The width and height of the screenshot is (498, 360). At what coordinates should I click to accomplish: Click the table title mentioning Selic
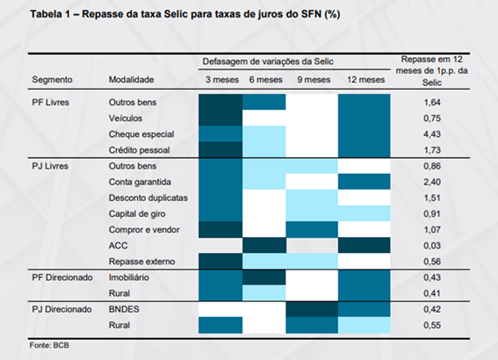click(x=184, y=14)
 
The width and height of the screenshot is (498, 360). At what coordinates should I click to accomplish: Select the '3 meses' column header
click(x=221, y=79)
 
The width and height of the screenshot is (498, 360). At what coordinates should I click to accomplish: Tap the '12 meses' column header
click(x=366, y=79)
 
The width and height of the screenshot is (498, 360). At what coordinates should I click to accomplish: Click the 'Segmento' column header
click(x=52, y=79)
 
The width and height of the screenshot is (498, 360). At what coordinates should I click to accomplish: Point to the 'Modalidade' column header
click(x=131, y=79)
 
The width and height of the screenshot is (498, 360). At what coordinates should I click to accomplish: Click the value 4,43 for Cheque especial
click(x=432, y=134)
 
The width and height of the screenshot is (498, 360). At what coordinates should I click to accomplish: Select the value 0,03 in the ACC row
click(x=432, y=245)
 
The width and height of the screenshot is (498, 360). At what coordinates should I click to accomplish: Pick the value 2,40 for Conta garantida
click(x=432, y=182)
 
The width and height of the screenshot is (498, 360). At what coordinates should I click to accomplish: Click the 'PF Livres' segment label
click(x=50, y=102)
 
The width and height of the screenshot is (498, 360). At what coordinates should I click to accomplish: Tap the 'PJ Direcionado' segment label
click(x=61, y=309)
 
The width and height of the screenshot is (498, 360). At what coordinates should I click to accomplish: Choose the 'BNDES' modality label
click(x=124, y=309)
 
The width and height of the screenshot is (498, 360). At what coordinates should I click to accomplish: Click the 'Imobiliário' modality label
click(x=128, y=277)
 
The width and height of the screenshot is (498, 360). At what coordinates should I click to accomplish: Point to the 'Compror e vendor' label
click(x=144, y=229)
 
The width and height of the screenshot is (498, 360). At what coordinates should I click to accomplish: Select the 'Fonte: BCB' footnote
click(x=49, y=345)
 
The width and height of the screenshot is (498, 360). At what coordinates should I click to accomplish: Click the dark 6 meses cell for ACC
click(x=264, y=245)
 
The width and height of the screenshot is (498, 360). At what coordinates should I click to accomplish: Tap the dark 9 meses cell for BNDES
click(x=312, y=309)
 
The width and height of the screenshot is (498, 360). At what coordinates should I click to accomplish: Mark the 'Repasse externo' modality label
click(x=141, y=262)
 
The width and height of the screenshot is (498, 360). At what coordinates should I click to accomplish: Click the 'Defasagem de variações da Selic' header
click(x=268, y=61)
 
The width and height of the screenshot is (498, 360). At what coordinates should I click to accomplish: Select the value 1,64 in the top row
click(x=432, y=102)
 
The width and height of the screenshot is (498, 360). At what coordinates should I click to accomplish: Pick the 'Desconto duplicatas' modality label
click(x=148, y=198)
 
